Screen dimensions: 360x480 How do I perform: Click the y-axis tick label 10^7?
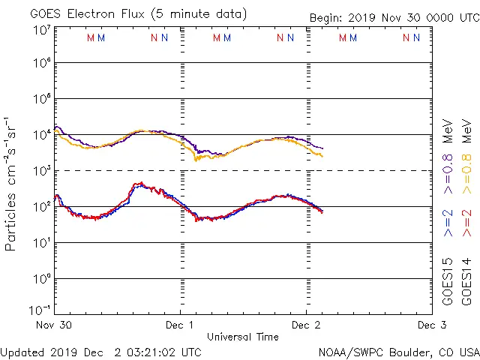click(x=42, y=30)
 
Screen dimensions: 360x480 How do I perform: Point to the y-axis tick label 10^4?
click(x=42, y=134)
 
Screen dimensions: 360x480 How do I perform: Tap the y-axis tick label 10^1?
click(x=42, y=242)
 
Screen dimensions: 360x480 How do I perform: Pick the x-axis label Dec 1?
click(x=180, y=325)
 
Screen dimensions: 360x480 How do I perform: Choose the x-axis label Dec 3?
click(x=432, y=325)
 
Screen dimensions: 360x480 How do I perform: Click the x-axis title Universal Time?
click(x=243, y=337)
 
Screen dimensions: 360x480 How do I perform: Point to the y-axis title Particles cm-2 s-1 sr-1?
click(x=11, y=184)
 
